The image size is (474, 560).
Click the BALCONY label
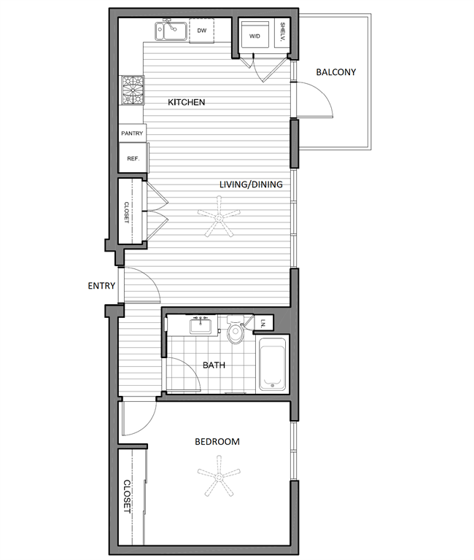point(335,72)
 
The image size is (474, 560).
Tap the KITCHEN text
point(186,103)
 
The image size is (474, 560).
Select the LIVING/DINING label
point(251,184)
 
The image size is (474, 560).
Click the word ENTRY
point(101,286)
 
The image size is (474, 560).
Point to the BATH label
point(213,365)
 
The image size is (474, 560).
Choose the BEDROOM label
point(217,442)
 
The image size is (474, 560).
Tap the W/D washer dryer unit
point(256,35)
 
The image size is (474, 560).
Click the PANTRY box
point(132,133)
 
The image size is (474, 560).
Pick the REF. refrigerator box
point(133,158)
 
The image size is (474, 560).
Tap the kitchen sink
point(171,31)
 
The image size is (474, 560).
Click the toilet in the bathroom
point(236,332)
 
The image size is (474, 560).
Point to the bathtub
point(273,362)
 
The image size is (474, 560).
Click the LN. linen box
point(263,323)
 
